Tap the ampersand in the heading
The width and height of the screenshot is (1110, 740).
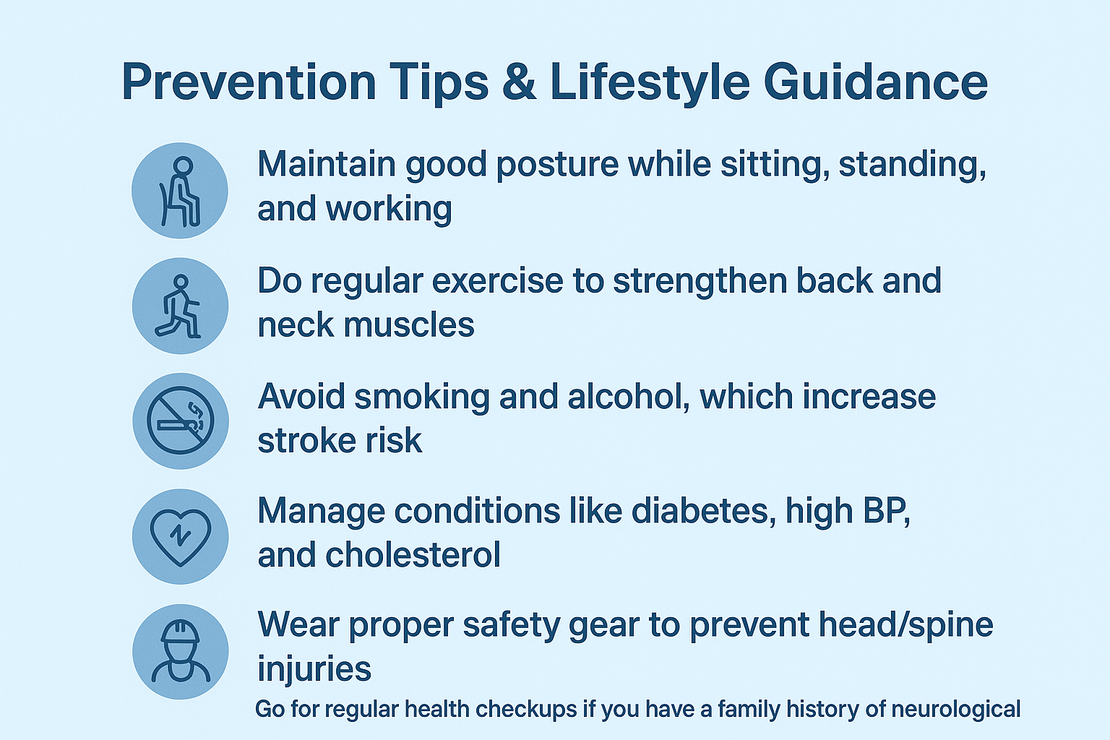[519, 82]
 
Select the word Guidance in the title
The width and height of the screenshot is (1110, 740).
[876, 82]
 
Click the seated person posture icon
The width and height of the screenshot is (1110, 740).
[180, 191]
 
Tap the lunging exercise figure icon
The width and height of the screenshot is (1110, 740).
[180, 306]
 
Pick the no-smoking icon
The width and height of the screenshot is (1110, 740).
[181, 421]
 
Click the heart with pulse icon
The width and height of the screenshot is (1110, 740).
[181, 536]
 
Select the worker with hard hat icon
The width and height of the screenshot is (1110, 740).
[181, 651]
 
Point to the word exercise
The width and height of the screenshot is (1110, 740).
[497, 281]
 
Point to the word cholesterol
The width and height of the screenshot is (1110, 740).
[413, 554]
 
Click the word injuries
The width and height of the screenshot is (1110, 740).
[314, 669]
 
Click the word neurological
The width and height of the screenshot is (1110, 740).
[956, 710]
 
